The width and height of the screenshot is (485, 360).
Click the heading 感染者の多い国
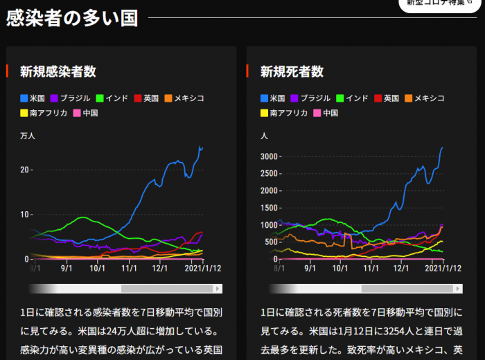click(x=72, y=19)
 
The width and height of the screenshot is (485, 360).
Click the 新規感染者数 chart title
click(x=58, y=71)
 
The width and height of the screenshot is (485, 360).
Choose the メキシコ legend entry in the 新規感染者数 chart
click(x=183, y=98)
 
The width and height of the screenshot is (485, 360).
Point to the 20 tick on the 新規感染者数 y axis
click(x=25, y=170)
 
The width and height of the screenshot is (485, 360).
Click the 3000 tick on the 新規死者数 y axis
click(x=269, y=156)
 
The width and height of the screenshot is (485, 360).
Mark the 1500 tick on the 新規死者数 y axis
click(x=269, y=208)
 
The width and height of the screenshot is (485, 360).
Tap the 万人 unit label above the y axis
click(x=27, y=136)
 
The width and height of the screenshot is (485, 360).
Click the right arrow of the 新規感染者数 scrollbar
click(x=218, y=289)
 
